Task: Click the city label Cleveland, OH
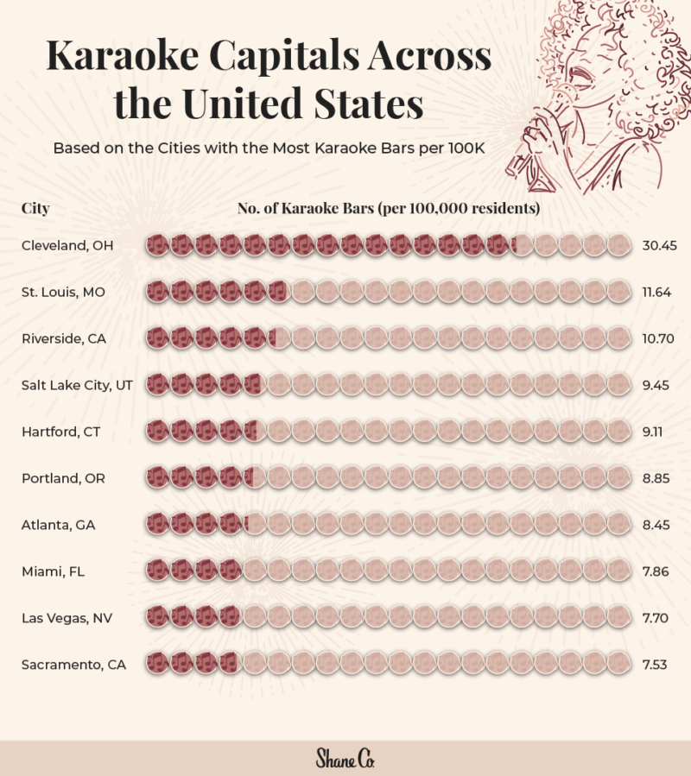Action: click(67, 246)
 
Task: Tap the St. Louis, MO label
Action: click(63, 293)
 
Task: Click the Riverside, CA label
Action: click(64, 339)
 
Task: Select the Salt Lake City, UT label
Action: click(77, 385)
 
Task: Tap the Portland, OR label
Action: click(63, 478)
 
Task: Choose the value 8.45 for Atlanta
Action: click(657, 524)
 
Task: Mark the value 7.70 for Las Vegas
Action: click(657, 617)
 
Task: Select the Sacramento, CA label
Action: click(73, 664)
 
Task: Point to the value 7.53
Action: click(657, 664)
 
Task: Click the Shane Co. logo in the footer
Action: click(345, 758)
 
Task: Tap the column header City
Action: click(35, 208)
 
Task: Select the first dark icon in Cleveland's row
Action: click(157, 246)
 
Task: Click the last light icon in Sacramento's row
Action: click(619, 664)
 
